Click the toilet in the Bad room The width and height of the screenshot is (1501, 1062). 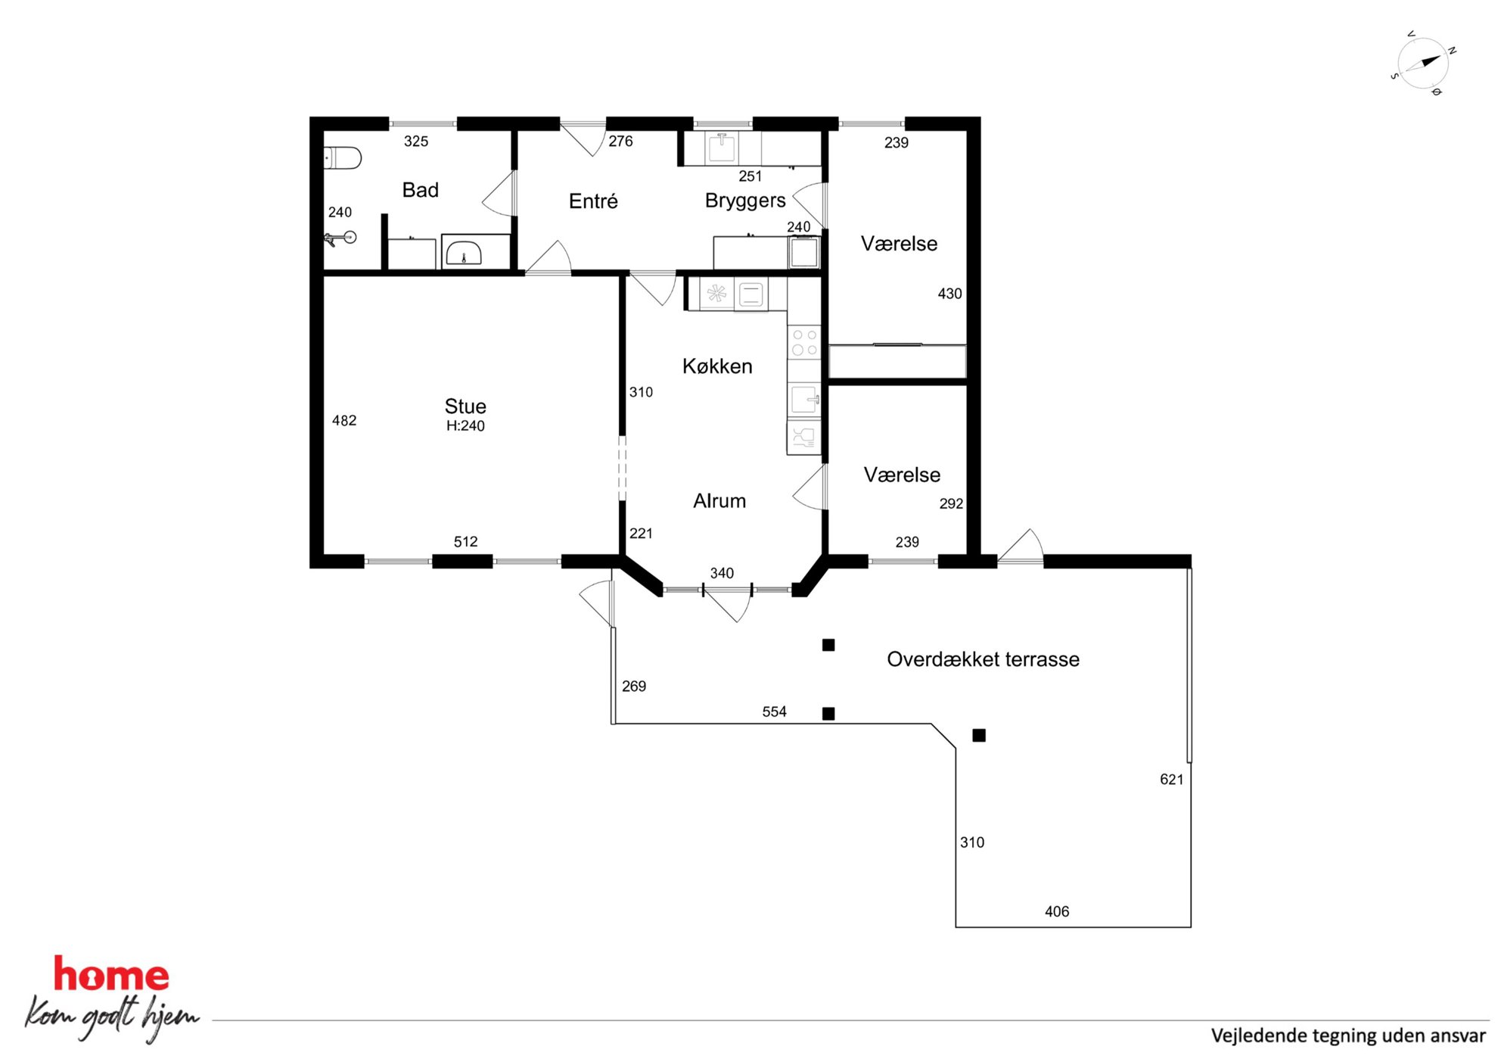point(342,157)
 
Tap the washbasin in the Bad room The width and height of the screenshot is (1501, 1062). point(463,254)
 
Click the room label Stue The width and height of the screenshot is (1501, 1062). point(465,406)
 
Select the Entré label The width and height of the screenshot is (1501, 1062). point(593,201)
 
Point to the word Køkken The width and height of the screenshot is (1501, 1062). point(717,366)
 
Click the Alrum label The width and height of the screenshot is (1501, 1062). point(719,500)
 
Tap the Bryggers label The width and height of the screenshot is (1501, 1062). point(745,201)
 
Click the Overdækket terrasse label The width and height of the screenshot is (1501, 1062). point(983,659)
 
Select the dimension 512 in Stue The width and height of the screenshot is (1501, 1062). point(465,541)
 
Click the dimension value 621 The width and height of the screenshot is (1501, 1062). point(1171,779)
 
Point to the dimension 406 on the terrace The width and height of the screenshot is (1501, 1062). point(1057,911)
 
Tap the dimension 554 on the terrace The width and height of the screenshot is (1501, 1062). point(774,712)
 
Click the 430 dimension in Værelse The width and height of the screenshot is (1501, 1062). point(949,294)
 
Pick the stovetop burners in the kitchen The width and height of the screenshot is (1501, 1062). point(804,342)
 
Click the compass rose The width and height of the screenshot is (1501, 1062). point(1423,64)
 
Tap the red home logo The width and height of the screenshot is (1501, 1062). point(111,974)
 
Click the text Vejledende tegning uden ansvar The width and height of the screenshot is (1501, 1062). point(1348,1036)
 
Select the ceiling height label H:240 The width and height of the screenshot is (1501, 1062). point(465,425)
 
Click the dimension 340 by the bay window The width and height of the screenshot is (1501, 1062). point(722,573)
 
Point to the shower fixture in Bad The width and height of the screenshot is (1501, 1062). point(340,239)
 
